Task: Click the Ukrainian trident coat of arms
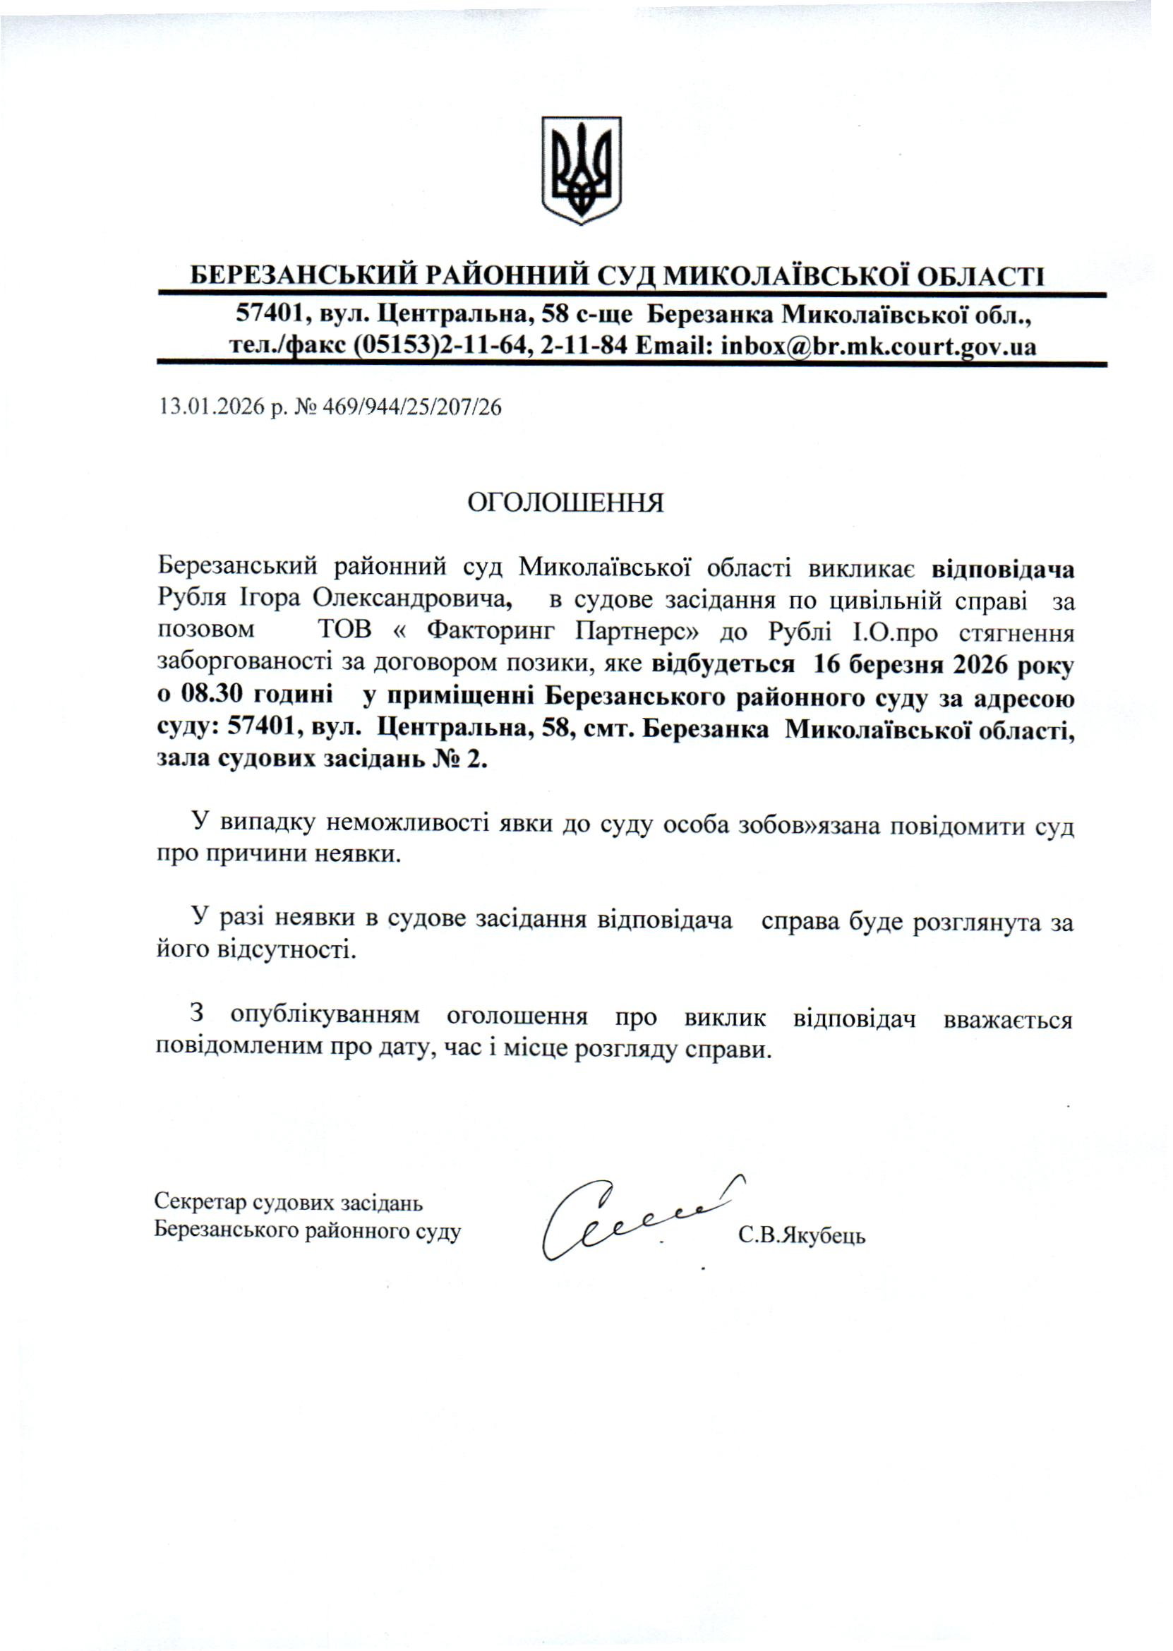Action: [x=582, y=170]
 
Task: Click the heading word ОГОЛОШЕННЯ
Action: [x=565, y=503]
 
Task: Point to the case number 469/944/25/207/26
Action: [x=412, y=408]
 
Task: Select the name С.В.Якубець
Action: [x=802, y=1236]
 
